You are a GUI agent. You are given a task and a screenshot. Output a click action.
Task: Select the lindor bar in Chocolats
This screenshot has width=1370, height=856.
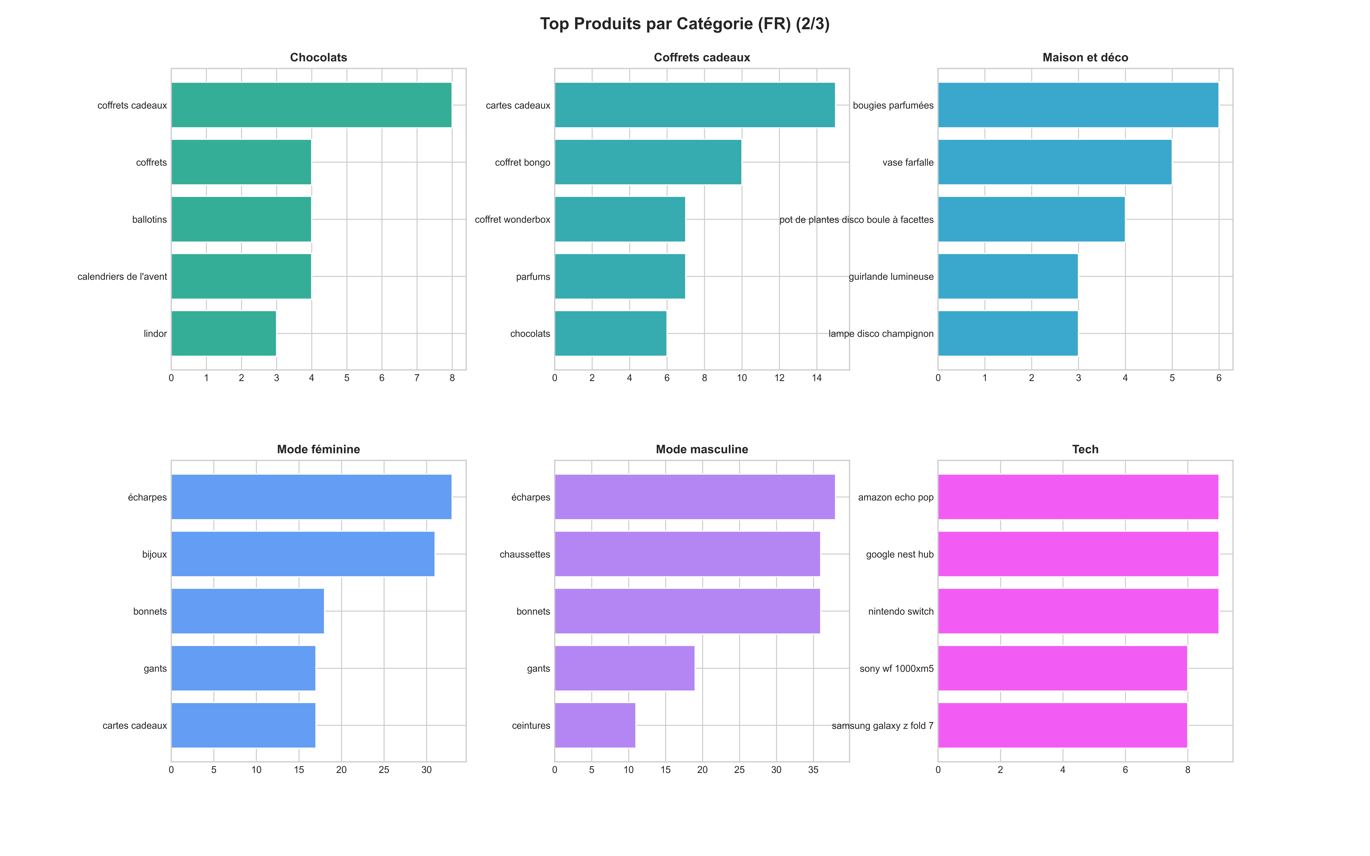(224, 333)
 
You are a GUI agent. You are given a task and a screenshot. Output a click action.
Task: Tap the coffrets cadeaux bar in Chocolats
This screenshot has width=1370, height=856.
(311, 105)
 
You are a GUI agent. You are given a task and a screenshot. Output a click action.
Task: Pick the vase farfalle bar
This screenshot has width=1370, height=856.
(1055, 162)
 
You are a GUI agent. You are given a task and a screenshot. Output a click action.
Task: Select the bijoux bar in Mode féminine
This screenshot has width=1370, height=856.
(303, 554)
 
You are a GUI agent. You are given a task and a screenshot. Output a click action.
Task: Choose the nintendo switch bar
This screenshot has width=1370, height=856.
(1078, 611)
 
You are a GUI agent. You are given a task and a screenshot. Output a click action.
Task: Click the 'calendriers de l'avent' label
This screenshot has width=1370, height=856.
(122, 277)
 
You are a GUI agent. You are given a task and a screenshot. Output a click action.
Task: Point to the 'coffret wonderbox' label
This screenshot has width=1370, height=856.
(512, 220)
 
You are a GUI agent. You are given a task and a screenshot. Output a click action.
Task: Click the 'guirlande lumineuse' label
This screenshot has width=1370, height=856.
(891, 277)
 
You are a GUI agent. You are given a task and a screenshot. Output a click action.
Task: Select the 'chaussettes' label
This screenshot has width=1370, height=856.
(525, 554)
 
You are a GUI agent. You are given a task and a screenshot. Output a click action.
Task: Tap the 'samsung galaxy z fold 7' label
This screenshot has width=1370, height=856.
(883, 726)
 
